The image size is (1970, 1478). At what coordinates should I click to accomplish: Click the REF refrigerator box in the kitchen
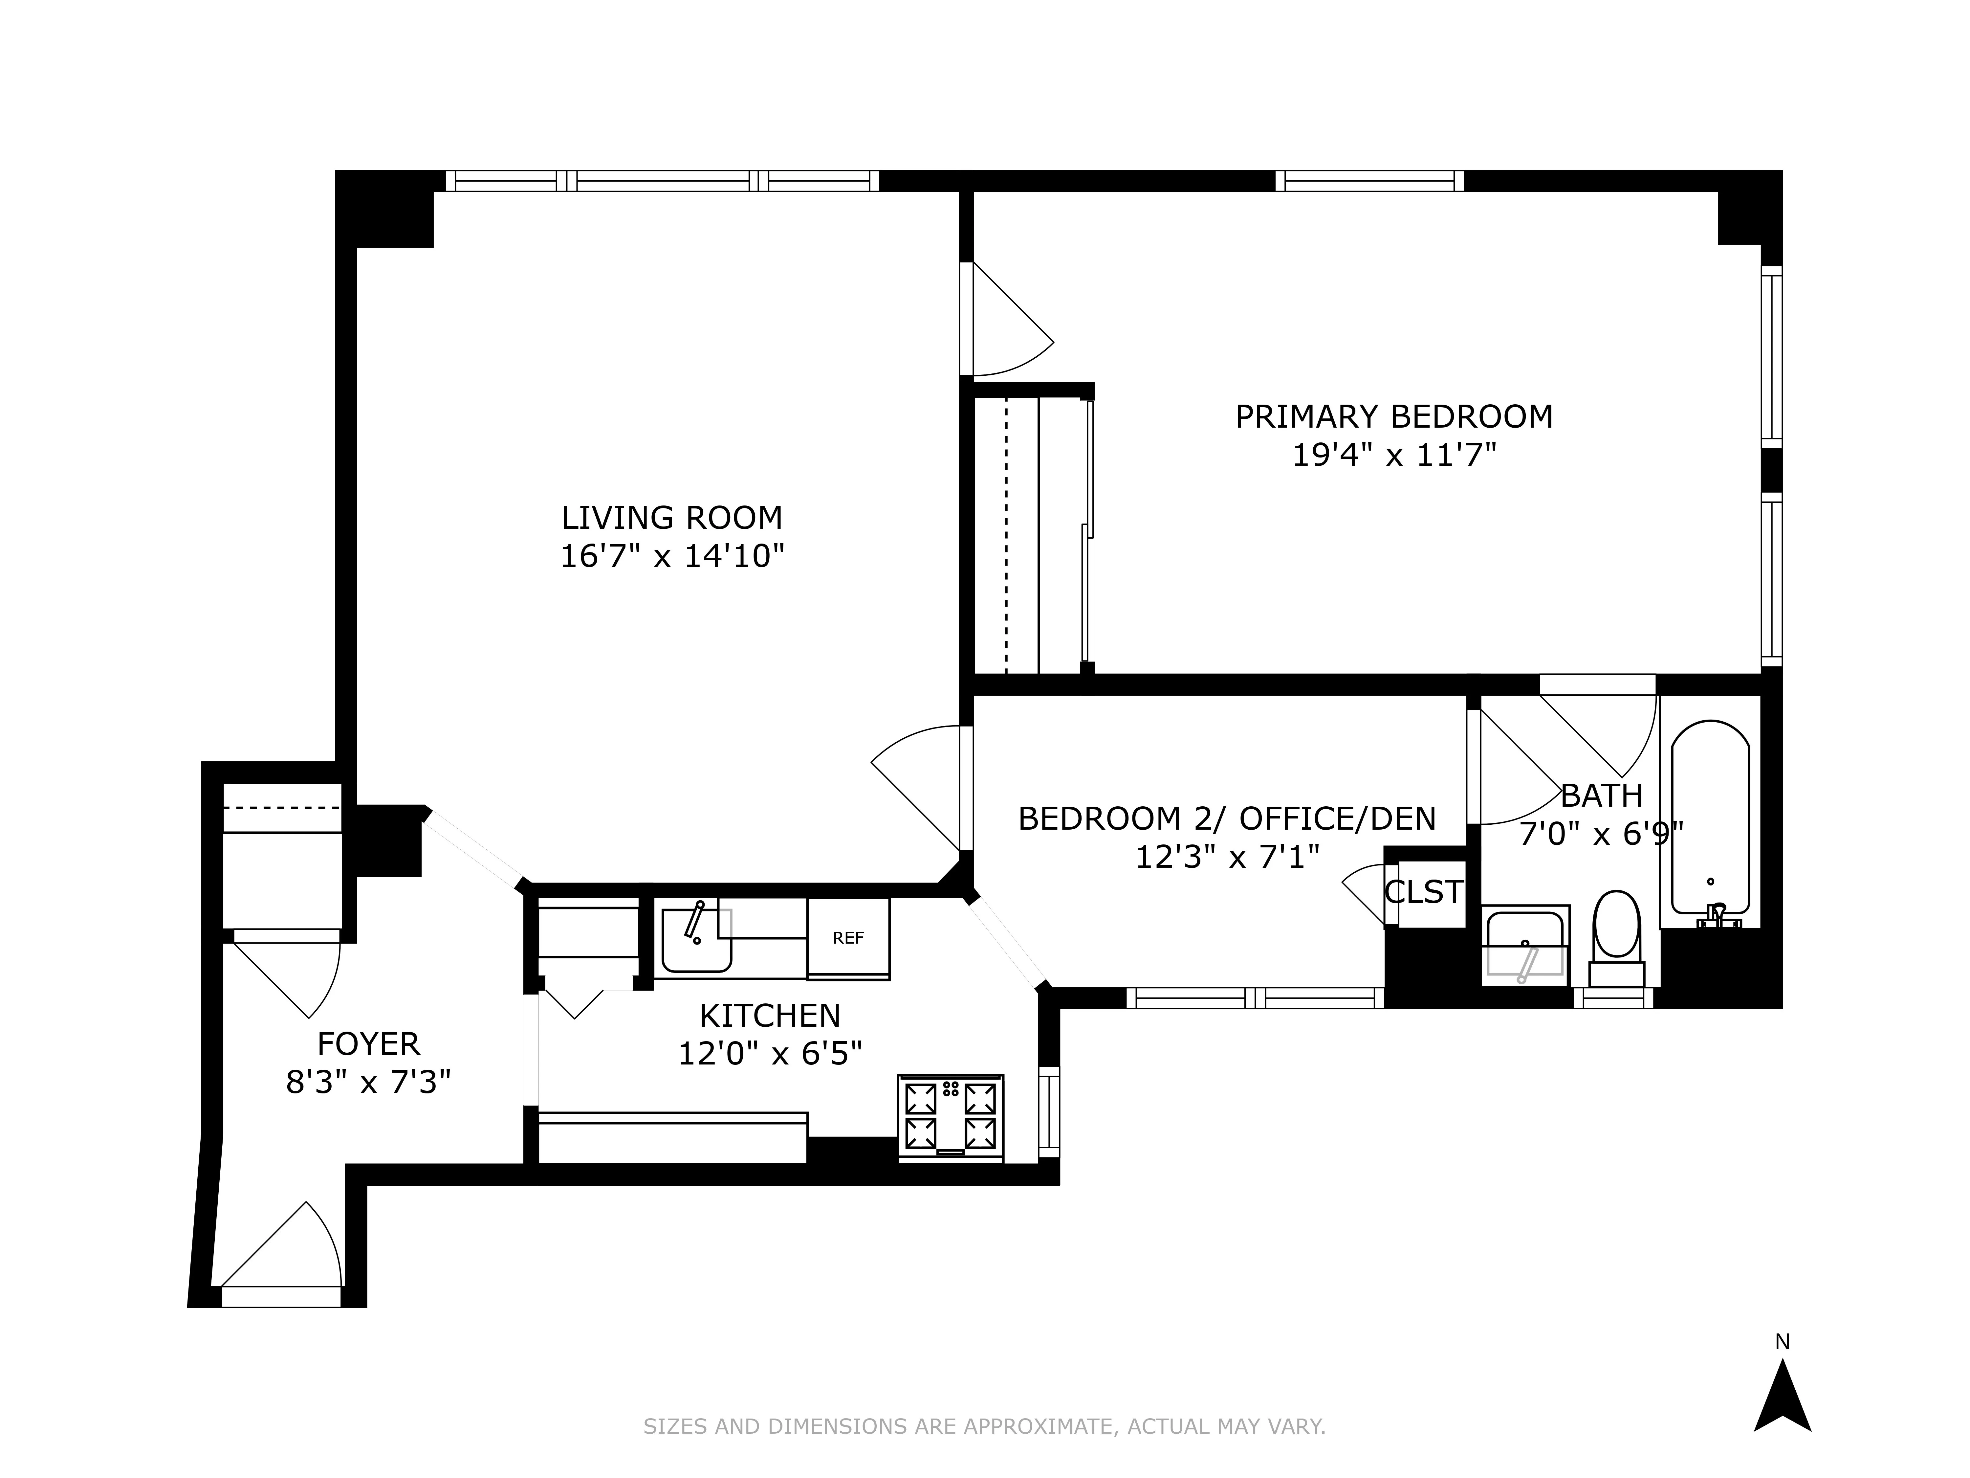(848, 938)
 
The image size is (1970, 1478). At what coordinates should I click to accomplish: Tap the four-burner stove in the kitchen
(950, 1117)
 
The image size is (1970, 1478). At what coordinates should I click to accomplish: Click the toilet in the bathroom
(1616, 935)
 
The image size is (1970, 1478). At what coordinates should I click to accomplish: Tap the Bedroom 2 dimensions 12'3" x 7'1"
(1226, 857)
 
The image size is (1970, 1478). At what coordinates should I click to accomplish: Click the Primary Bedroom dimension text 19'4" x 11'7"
(1394, 456)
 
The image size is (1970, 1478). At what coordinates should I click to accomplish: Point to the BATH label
(1601, 795)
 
